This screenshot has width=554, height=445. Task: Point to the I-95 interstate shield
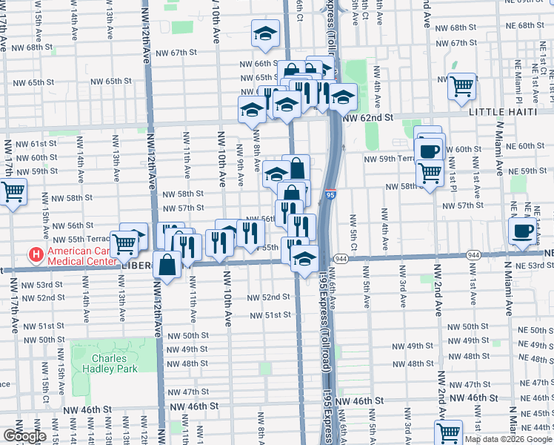(330, 194)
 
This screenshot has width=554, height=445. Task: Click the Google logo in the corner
(24, 436)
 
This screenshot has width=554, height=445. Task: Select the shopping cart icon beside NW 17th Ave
(13, 192)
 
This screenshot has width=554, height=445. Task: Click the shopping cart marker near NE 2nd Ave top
(462, 85)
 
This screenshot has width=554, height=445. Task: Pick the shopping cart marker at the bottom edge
(448, 432)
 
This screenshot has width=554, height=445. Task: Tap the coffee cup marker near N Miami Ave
(523, 231)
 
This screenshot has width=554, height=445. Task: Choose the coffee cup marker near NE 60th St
(429, 151)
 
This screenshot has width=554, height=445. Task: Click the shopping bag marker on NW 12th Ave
(167, 264)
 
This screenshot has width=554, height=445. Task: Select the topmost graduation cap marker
(264, 33)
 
